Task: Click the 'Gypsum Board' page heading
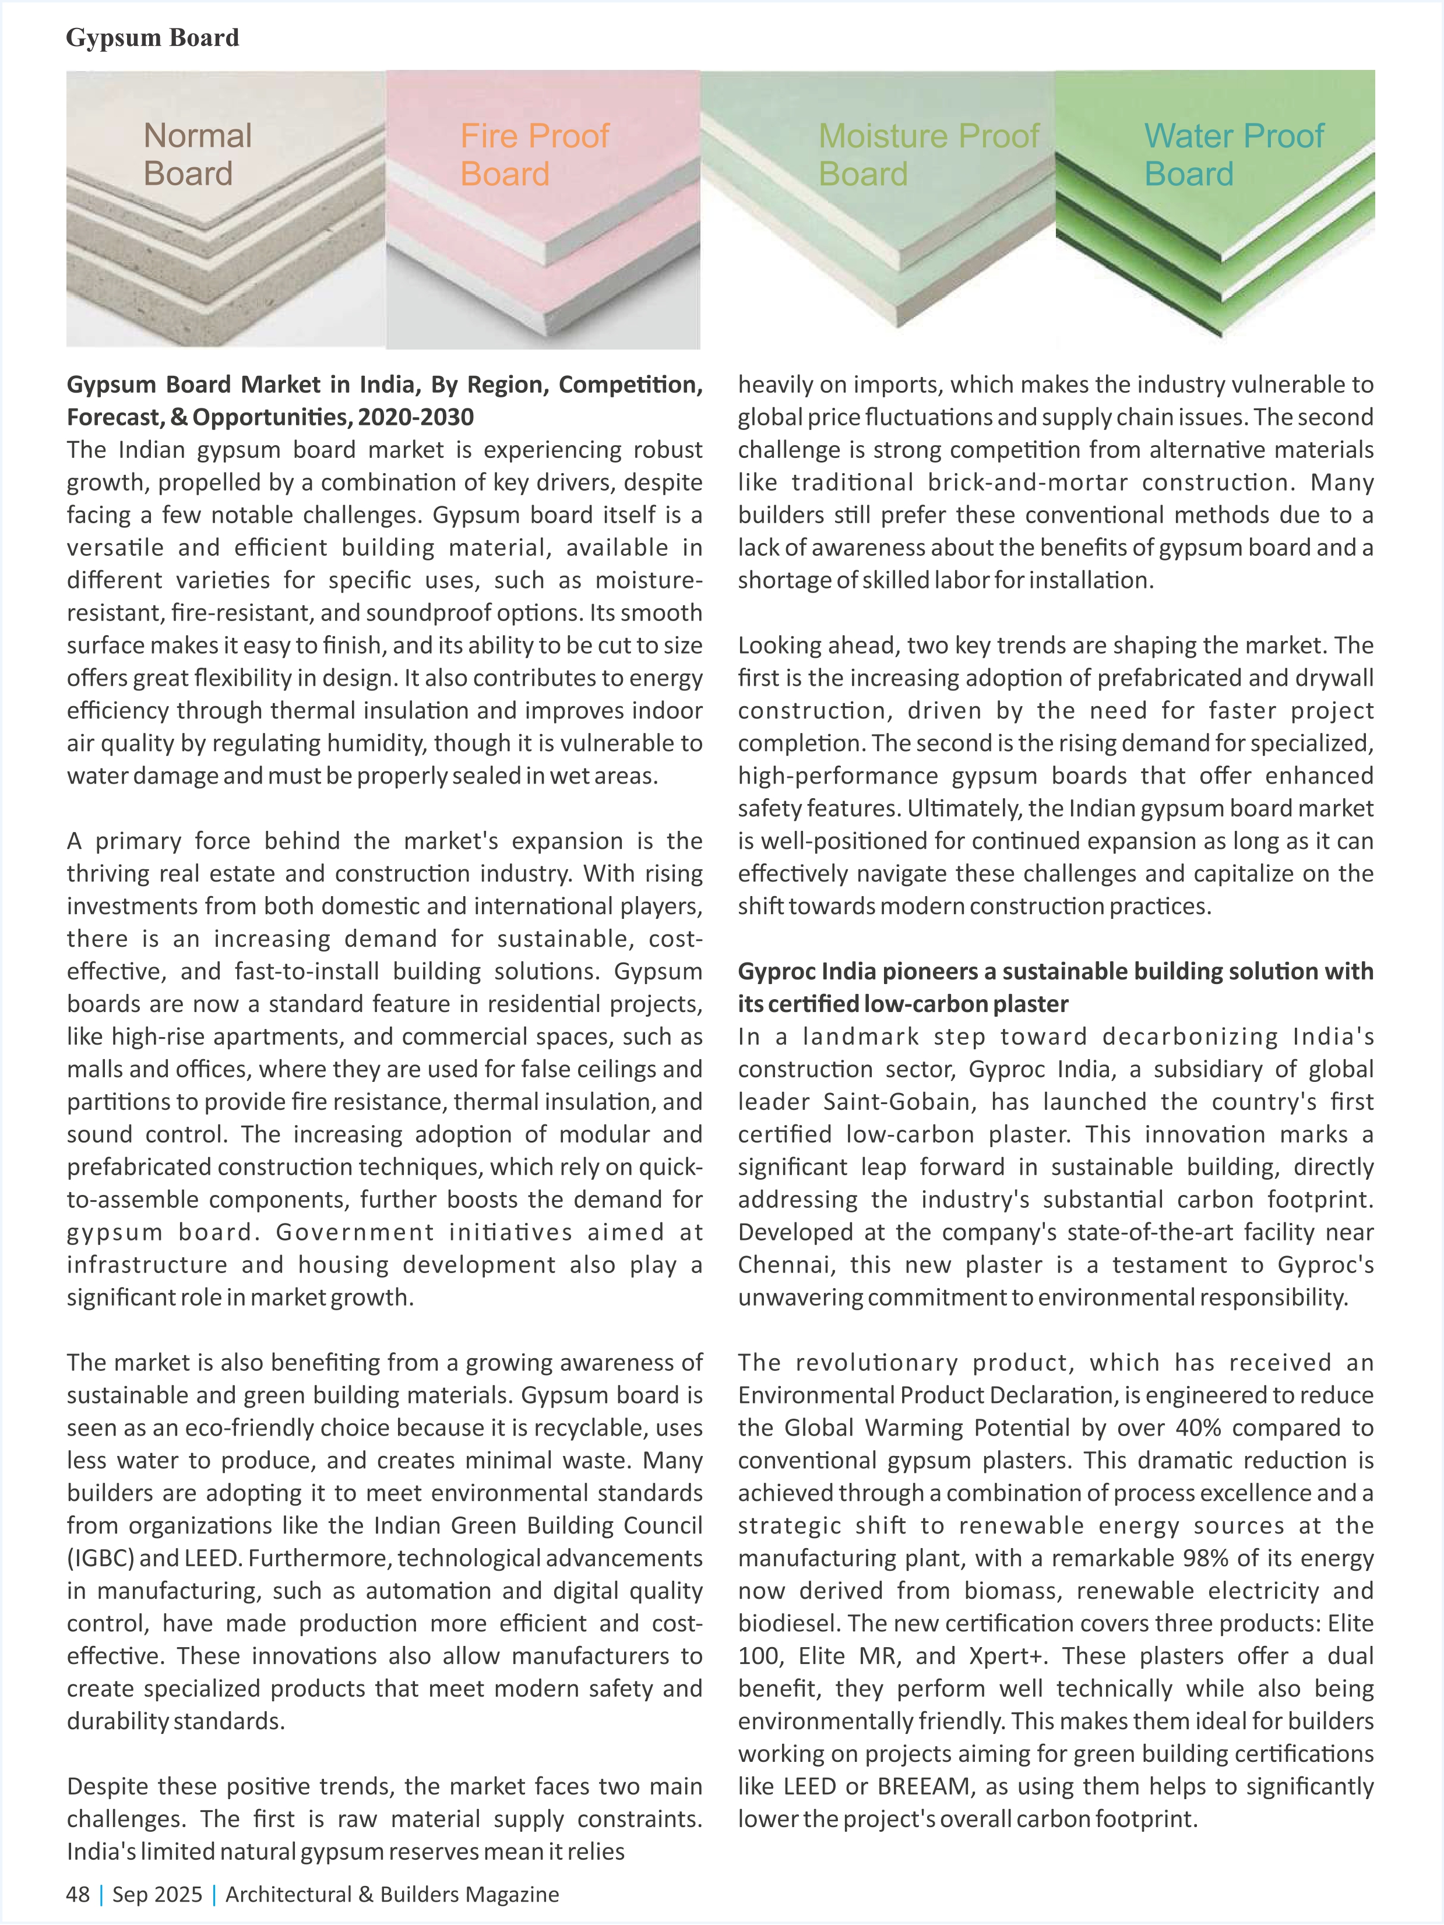[152, 37]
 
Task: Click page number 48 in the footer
[78, 1894]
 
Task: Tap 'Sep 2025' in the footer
[157, 1894]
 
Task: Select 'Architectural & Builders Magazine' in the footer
[392, 1894]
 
